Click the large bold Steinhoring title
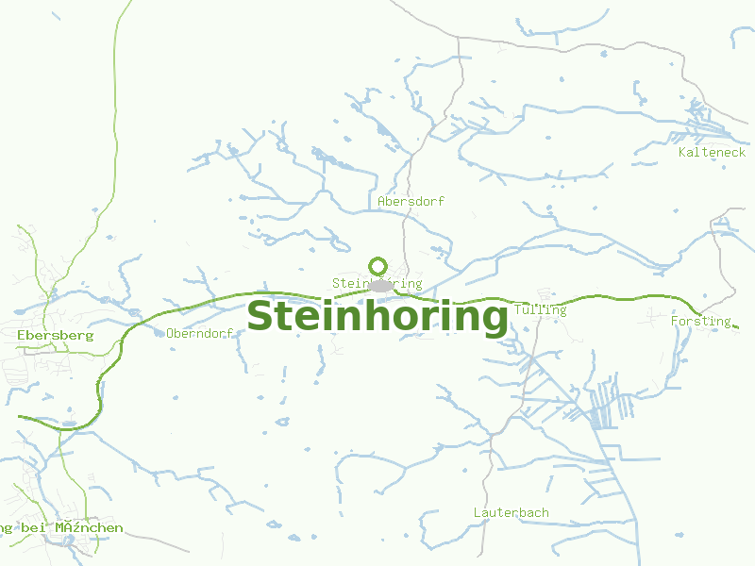(377, 317)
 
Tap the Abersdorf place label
(411, 202)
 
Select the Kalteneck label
(712, 152)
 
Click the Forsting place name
(700, 321)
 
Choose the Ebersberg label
(55, 335)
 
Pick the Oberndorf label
(199, 333)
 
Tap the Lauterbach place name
(511, 512)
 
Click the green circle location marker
(378, 266)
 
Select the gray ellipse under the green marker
(379, 285)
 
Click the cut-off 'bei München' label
(61, 527)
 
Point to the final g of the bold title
(494, 321)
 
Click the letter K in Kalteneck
(682, 152)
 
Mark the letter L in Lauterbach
(477, 512)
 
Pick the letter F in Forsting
(675, 321)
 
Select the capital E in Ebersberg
(21, 335)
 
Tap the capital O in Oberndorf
(170, 333)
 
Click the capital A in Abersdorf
(381, 202)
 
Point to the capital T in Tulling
(519, 309)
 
